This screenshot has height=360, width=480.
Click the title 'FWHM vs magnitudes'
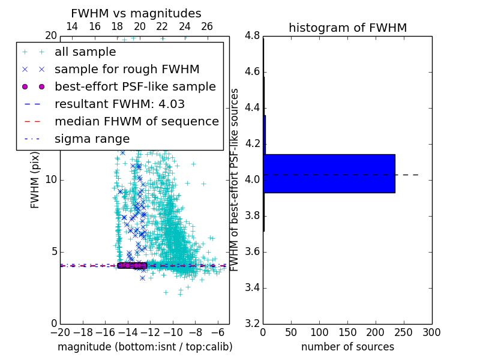pos(136,13)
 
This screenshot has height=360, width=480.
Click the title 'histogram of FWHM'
pos(347,28)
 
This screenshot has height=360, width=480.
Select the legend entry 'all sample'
pos(85,52)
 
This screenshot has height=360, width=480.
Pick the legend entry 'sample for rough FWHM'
pos(127,70)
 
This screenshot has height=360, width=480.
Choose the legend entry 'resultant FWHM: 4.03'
pos(119,104)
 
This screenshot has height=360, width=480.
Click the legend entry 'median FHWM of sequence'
pos(136,122)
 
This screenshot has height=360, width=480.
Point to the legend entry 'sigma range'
pos(92,139)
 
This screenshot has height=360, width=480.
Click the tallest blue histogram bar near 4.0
pos(329,173)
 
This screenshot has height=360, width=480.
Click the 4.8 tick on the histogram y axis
pos(252,36)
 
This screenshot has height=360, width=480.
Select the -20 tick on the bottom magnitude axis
pos(60,332)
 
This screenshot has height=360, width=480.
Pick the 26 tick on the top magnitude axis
pos(207,26)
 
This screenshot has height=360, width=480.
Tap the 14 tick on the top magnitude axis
pos(71,26)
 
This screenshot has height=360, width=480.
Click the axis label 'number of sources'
pos(347,347)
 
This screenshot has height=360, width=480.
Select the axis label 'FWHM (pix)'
pos(35,180)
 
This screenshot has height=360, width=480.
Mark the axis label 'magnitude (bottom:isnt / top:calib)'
pos(145,347)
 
